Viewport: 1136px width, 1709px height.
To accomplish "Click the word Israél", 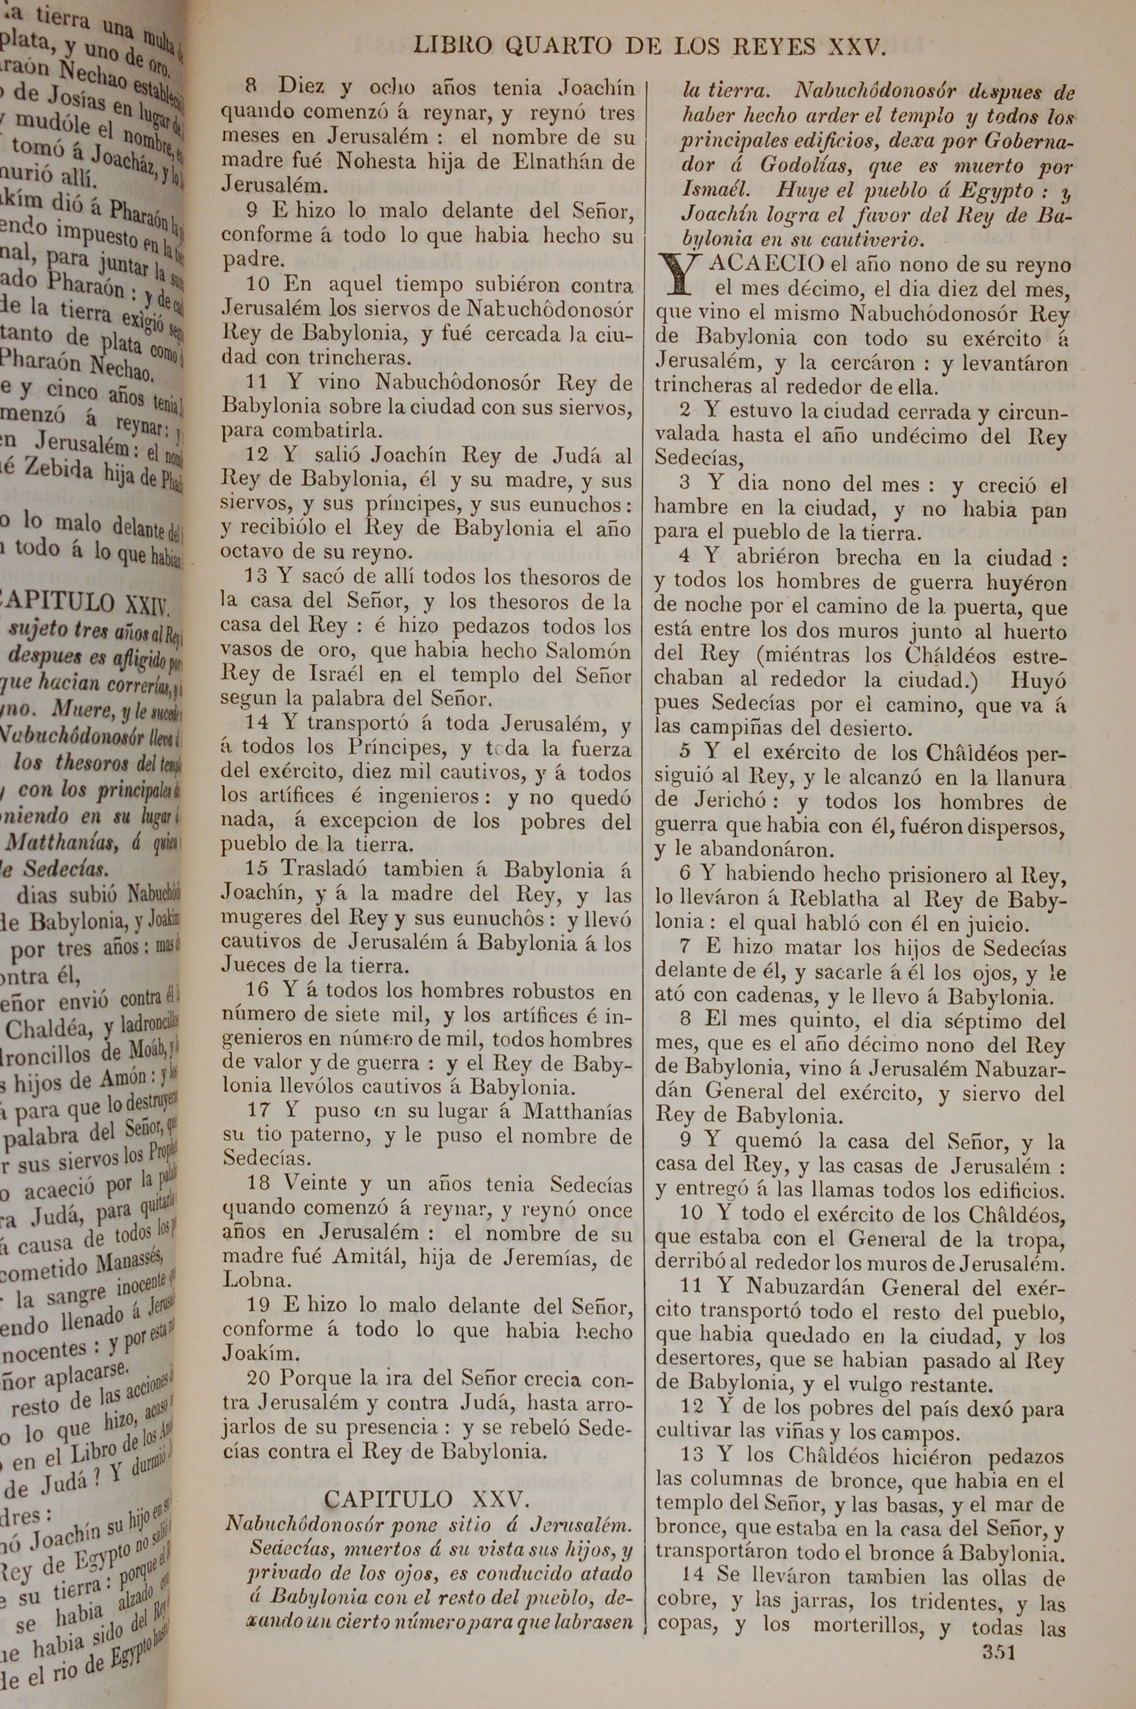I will (337, 675).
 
